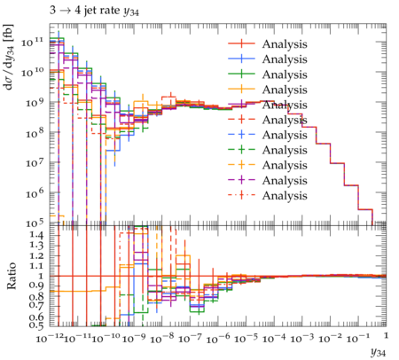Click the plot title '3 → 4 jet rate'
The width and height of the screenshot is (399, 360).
(x=84, y=11)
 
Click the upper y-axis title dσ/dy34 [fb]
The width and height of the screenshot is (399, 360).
(x=9, y=57)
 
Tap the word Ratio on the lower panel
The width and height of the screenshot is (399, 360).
(x=11, y=276)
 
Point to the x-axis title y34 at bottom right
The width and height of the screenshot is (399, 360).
(x=378, y=352)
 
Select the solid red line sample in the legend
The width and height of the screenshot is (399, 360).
(x=241, y=43)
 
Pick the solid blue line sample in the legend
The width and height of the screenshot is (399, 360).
(x=241, y=59)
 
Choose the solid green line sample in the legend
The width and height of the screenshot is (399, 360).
(x=241, y=74)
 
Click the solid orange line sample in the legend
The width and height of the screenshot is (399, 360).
(x=241, y=89)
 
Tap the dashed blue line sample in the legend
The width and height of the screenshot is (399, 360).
(x=241, y=135)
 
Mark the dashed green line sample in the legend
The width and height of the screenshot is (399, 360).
(x=241, y=150)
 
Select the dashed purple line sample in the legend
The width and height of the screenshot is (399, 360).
(x=241, y=180)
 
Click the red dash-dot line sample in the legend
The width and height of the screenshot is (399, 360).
(x=241, y=195)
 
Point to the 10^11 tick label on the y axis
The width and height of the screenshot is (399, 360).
(x=32, y=43)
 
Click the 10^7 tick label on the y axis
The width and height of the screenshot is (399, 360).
(x=35, y=162)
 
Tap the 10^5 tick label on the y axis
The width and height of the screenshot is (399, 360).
(x=35, y=223)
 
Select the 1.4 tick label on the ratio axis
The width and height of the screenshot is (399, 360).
(x=36, y=235)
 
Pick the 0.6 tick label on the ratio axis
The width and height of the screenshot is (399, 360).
(x=36, y=317)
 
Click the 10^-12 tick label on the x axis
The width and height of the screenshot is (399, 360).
(x=50, y=338)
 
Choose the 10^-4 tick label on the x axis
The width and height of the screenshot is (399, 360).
(x=274, y=338)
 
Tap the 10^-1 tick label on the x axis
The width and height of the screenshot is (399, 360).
(x=358, y=338)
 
